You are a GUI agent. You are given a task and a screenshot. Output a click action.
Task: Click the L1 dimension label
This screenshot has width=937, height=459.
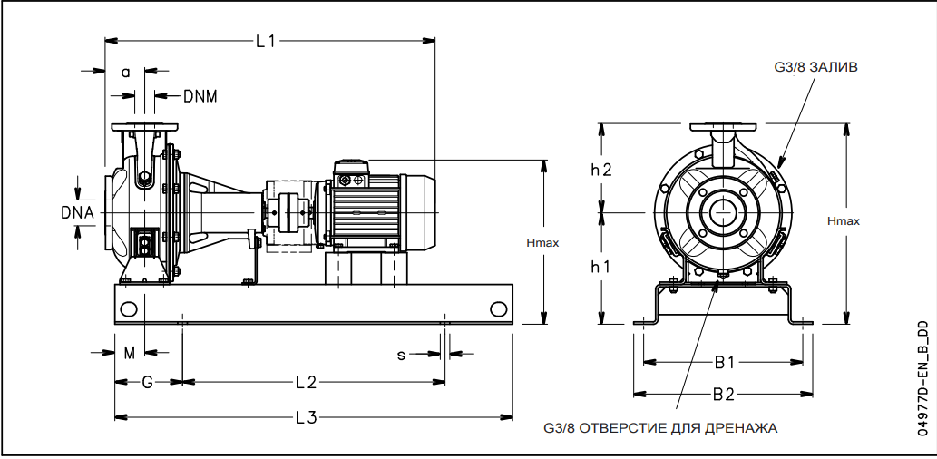pyautogui.click(x=265, y=41)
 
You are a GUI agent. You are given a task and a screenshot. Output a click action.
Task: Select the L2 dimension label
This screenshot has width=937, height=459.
pyautogui.click(x=305, y=381)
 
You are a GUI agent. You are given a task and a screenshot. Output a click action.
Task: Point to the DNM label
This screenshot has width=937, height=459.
pyautogui.click(x=200, y=95)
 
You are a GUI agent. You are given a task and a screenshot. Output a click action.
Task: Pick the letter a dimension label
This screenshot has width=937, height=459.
pyautogui.click(x=126, y=72)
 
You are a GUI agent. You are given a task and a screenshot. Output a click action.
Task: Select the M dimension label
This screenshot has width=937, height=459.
pyautogui.click(x=129, y=353)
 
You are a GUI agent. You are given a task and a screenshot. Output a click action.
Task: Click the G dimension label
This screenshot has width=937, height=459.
pyautogui.click(x=147, y=381)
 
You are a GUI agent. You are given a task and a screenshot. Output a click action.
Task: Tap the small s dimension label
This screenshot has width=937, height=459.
pyautogui.click(x=400, y=354)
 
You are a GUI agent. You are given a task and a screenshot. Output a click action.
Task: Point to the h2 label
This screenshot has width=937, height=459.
pyautogui.click(x=600, y=169)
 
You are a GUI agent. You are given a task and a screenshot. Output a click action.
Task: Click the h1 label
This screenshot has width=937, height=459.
pyautogui.click(x=600, y=267)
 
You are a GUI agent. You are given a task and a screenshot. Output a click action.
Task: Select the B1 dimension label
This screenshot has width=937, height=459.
pyautogui.click(x=724, y=362)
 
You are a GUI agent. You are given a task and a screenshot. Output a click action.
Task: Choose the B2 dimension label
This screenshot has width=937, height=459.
pyautogui.click(x=724, y=395)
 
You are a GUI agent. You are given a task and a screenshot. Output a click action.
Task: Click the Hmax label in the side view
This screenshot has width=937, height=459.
pyautogui.click(x=542, y=242)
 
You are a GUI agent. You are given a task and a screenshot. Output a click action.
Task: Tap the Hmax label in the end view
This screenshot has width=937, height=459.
pyautogui.click(x=844, y=220)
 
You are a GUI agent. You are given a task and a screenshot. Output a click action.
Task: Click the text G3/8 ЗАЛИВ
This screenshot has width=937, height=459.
pyautogui.click(x=815, y=67)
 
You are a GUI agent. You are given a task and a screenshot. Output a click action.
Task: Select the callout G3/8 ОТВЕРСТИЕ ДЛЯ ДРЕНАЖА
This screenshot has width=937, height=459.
pyautogui.click(x=660, y=427)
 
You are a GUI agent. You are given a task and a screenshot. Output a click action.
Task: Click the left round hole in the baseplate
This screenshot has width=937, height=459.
pyautogui.click(x=129, y=308)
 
